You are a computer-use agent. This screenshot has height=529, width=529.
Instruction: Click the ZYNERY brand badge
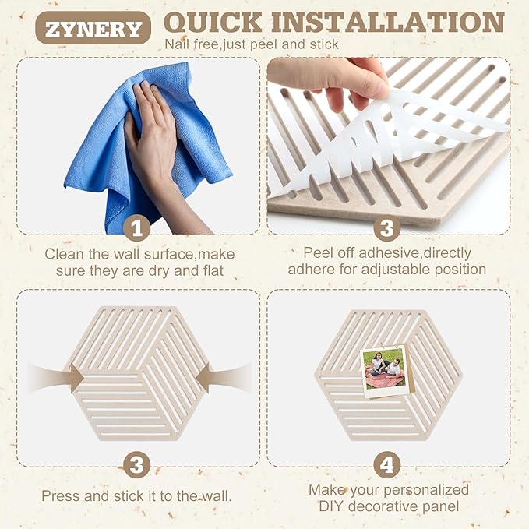[93, 28]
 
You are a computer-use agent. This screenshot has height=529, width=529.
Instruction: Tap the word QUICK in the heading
[213, 23]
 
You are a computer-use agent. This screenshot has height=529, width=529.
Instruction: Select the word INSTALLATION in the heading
[388, 23]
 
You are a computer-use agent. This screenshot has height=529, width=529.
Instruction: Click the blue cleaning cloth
[149, 149]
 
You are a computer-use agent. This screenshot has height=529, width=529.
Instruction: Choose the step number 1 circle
[136, 228]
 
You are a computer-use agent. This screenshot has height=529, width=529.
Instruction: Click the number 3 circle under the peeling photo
[387, 228]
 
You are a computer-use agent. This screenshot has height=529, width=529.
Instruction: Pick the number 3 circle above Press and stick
[136, 465]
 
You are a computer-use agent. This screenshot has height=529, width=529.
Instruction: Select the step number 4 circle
[387, 465]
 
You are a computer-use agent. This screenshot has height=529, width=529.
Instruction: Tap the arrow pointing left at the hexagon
[224, 378]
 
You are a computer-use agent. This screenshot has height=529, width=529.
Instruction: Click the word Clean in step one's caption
[65, 254]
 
